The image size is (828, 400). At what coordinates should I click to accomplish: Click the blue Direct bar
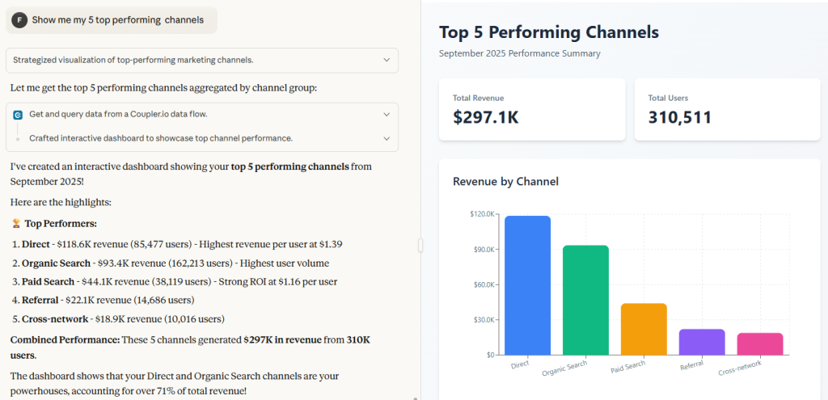click(x=527, y=285)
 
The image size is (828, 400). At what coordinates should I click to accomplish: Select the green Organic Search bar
click(x=585, y=301)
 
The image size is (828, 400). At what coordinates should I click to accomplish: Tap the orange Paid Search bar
click(x=644, y=329)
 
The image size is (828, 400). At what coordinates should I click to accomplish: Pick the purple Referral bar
click(x=702, y=342)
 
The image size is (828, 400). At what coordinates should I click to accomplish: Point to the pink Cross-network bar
click(x=760, y=344)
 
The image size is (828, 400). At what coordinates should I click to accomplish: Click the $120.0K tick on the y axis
click(x=482, y=214)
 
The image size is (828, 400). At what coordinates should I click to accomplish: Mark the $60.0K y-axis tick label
click(x=484, y=284)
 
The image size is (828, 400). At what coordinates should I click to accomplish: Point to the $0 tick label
click(x=489, y=355)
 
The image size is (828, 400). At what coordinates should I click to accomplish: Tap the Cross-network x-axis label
click(x=740, y=368)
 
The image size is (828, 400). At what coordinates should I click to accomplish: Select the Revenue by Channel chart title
click(x=505, y=182)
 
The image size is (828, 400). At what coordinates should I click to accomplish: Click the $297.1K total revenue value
click(x=486, y=117)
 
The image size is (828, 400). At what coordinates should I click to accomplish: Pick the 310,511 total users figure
click(x=680, y=117)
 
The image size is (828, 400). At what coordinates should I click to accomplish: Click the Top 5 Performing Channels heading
click(x=549, y=32)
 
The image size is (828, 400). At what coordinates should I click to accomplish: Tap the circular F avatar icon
click(x=19, y=20)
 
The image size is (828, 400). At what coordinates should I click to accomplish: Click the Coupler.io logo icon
click(x=18, y=115)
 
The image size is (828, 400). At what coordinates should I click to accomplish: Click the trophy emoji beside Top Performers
click(x=16, y=224)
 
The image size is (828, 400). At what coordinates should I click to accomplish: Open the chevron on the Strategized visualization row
click(x=387, y=60)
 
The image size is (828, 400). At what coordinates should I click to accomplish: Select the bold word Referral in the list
click(x=40, y=301)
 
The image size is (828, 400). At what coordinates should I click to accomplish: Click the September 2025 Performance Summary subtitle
click(x=520, y=53)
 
